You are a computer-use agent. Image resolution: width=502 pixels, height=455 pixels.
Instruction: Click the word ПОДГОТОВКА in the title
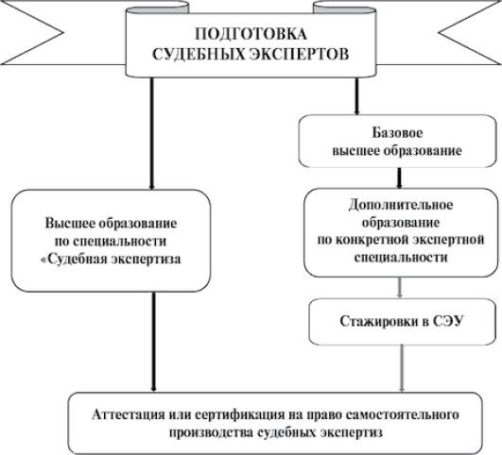pos(251,34)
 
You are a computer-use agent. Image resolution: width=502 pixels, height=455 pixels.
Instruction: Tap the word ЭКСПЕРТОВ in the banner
pos(299,55)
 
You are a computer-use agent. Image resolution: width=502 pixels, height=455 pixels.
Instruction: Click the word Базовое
pos(397,133)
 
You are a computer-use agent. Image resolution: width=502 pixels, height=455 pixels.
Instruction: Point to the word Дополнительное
pos(401,205)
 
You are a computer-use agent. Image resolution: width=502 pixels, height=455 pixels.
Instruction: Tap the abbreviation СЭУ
pos(448,321)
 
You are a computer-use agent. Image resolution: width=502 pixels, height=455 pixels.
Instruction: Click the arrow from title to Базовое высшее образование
pos(357,96)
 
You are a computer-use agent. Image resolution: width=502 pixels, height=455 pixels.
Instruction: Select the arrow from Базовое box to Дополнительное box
pos(399,178)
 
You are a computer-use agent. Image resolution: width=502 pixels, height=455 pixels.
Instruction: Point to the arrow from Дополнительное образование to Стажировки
pos(399,288)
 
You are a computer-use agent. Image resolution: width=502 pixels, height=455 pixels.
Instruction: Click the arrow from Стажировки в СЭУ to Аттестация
pos(402,368)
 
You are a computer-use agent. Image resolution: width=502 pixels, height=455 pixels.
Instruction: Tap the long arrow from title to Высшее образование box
pos(152,134)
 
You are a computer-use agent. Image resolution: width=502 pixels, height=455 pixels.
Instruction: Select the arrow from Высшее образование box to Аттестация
pos(154,342)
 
